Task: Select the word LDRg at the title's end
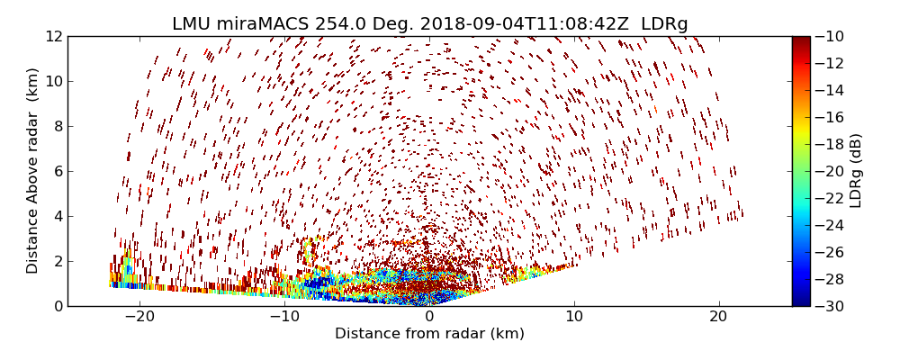click(x=664, y=23)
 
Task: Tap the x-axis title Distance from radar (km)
click(x=429, y=334)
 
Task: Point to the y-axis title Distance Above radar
click(x=33, y=170)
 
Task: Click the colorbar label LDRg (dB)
click(x=855, y=170)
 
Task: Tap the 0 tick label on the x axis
click(x=429, y=317)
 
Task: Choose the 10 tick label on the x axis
click(x=574, y=317)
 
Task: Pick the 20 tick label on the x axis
click(x=718, y=317)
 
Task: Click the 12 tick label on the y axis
click(x=53, y=36)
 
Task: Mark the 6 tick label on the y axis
click(x=57, y=171)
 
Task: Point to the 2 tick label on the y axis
click(x=57, y=261)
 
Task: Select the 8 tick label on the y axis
click(x=57, y=126)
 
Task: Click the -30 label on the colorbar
click(x=829, y=306)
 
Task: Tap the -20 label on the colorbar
click(x=829, y=171)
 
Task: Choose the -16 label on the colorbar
click(x=829, y=117)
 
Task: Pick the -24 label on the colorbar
click(x=829, y=225)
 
